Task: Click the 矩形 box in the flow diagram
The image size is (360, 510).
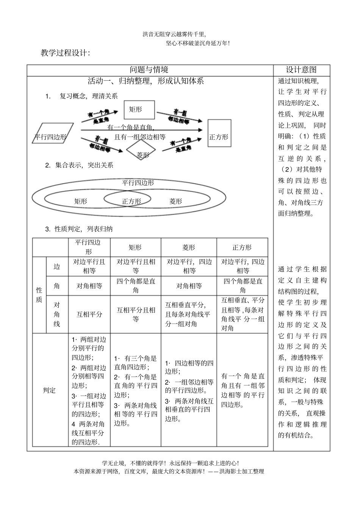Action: [x=139, y=110]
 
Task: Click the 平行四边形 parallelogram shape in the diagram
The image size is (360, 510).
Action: [x=51, y=137]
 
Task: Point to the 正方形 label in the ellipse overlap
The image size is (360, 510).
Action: [x=131, y=201]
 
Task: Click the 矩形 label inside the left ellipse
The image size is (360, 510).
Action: [x=81, y=201]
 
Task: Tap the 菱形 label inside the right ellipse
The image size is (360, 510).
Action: [x=175, y=201]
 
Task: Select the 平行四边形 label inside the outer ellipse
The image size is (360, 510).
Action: [x=138, y=183]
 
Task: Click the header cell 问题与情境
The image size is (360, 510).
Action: [x=149, y=70]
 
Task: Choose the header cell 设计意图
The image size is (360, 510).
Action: [x=301, y=70]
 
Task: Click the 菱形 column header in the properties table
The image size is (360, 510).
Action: [x=188, y=247]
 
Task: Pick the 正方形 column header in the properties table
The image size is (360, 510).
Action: [x=242, y=247]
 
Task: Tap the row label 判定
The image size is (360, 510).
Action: [x=49, y=390]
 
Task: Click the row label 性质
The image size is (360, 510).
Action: [x=39, y=295]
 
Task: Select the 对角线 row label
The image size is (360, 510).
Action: [x=56, y=314]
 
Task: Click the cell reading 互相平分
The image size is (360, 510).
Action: [x=89, y=314]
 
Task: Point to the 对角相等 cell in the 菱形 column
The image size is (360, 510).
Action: [x=189, y=286]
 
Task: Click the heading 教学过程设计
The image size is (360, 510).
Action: [x=65, y=53]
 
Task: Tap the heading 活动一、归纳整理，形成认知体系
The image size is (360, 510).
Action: [x=146, y=81]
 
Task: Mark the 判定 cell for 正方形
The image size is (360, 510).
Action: [x=243, y=390]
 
